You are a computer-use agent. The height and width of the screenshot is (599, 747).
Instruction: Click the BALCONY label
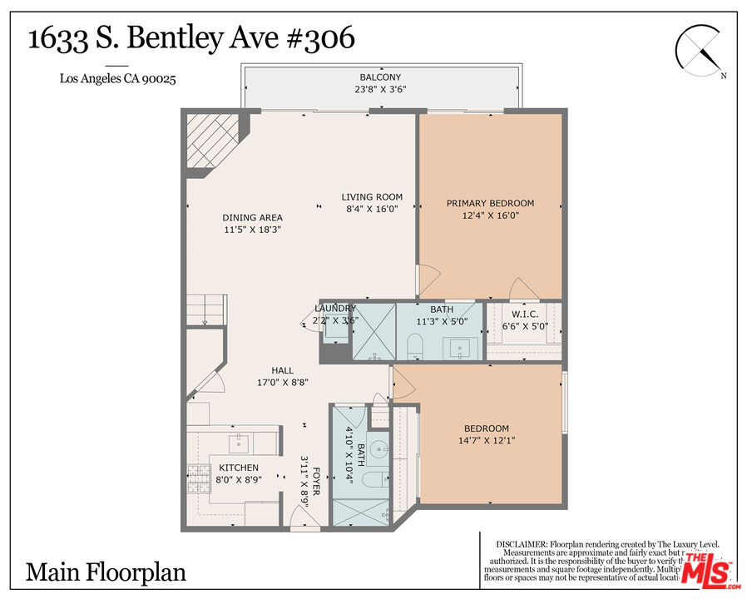point(380,77)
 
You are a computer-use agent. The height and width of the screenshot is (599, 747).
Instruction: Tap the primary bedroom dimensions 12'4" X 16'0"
point(490,215)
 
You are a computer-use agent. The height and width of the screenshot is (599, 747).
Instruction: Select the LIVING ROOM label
point(372,197)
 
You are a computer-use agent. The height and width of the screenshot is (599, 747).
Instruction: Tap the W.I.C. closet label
point(524,314)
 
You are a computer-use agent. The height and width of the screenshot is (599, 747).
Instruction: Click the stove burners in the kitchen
point(198,476)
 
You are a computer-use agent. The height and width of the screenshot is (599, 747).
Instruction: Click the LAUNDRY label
point(335,308)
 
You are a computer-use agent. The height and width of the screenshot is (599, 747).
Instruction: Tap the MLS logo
point(708,570)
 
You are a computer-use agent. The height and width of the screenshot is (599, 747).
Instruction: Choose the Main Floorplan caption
point(106,572)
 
